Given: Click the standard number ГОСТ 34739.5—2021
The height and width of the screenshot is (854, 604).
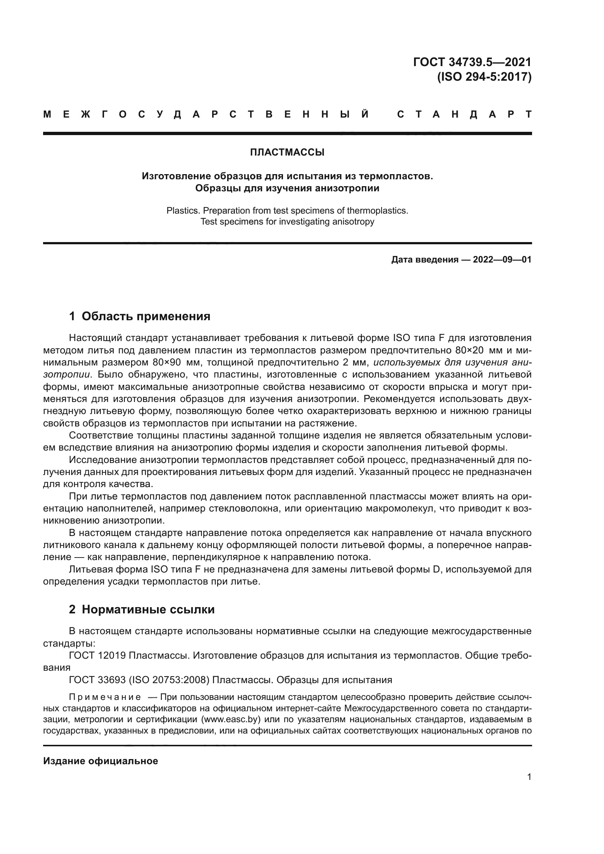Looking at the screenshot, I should pos(472,62).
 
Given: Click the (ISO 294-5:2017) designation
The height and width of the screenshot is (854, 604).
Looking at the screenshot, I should pos(484,77).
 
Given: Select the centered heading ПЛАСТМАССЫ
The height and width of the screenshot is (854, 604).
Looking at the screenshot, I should pos(287,153).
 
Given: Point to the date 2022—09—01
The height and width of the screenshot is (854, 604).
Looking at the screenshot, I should pos(502,260).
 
